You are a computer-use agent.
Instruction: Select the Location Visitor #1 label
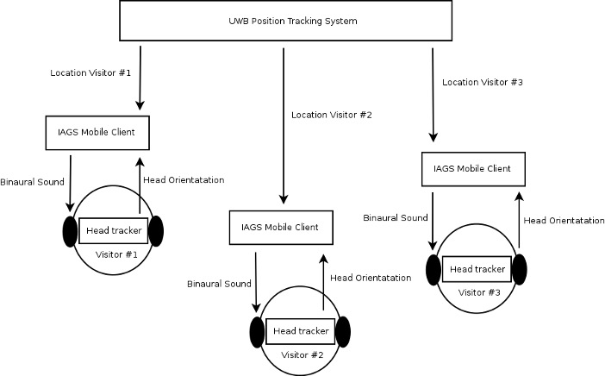pyautogui.click(x=90, y=72)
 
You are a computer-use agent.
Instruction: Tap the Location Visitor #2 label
pyautogui.click(x=332, y=114)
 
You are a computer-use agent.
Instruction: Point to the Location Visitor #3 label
pyautogui.click(x=483, y=82)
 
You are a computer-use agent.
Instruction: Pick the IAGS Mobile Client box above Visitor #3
pyautogui.click(x=471, y=169)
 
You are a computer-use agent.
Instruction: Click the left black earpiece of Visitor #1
pyautogui.click(x=70, y=232)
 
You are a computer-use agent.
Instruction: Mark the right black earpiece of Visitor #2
pyautogui.click(x=343, y=332)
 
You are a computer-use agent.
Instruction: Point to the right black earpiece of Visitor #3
pyautogui.click(x=521, y=269)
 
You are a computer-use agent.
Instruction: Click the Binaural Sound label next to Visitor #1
pyautogui.click(x=32, y=183)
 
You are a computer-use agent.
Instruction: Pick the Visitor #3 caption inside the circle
pyautogui.click(x=479, y=292)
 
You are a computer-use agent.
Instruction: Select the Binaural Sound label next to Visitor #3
pyautogui.click(x=395, y=219)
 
